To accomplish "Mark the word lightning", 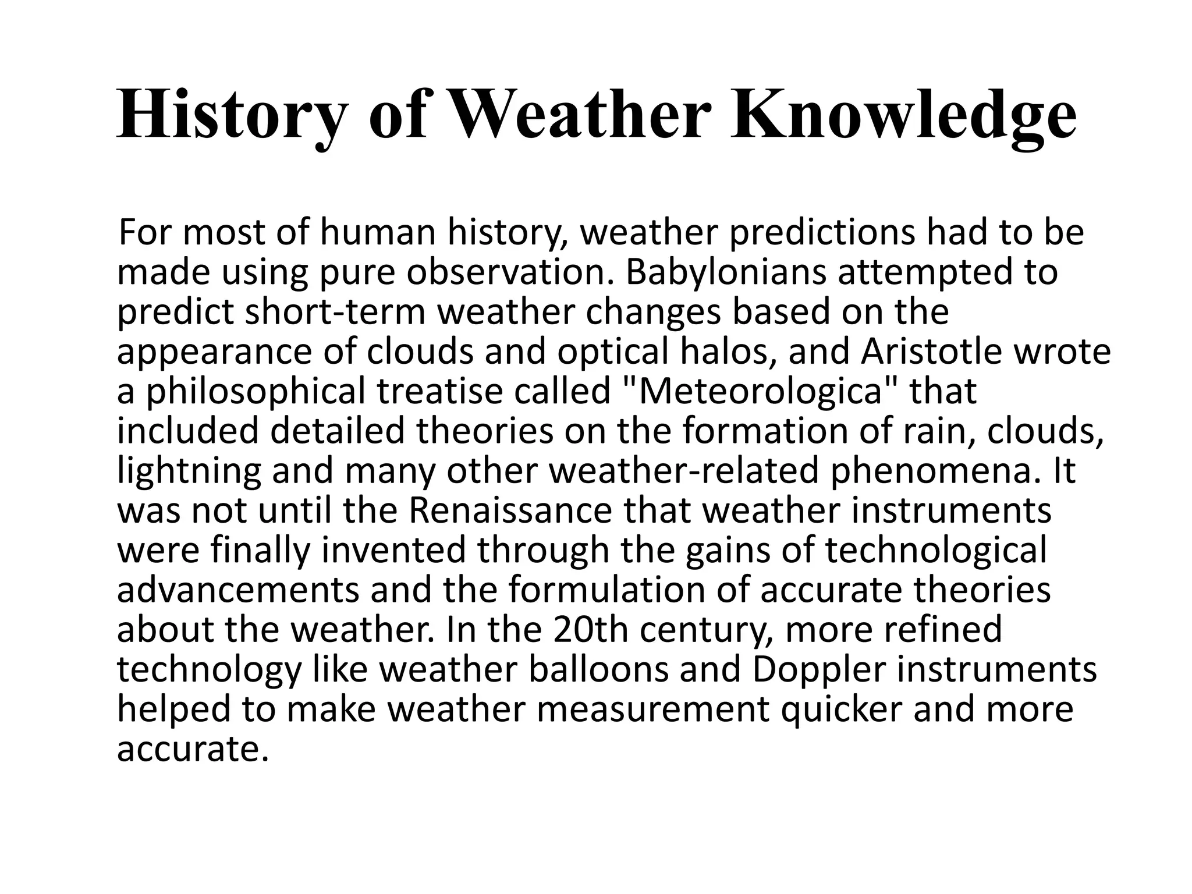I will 189,471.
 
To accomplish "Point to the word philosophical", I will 256,392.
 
